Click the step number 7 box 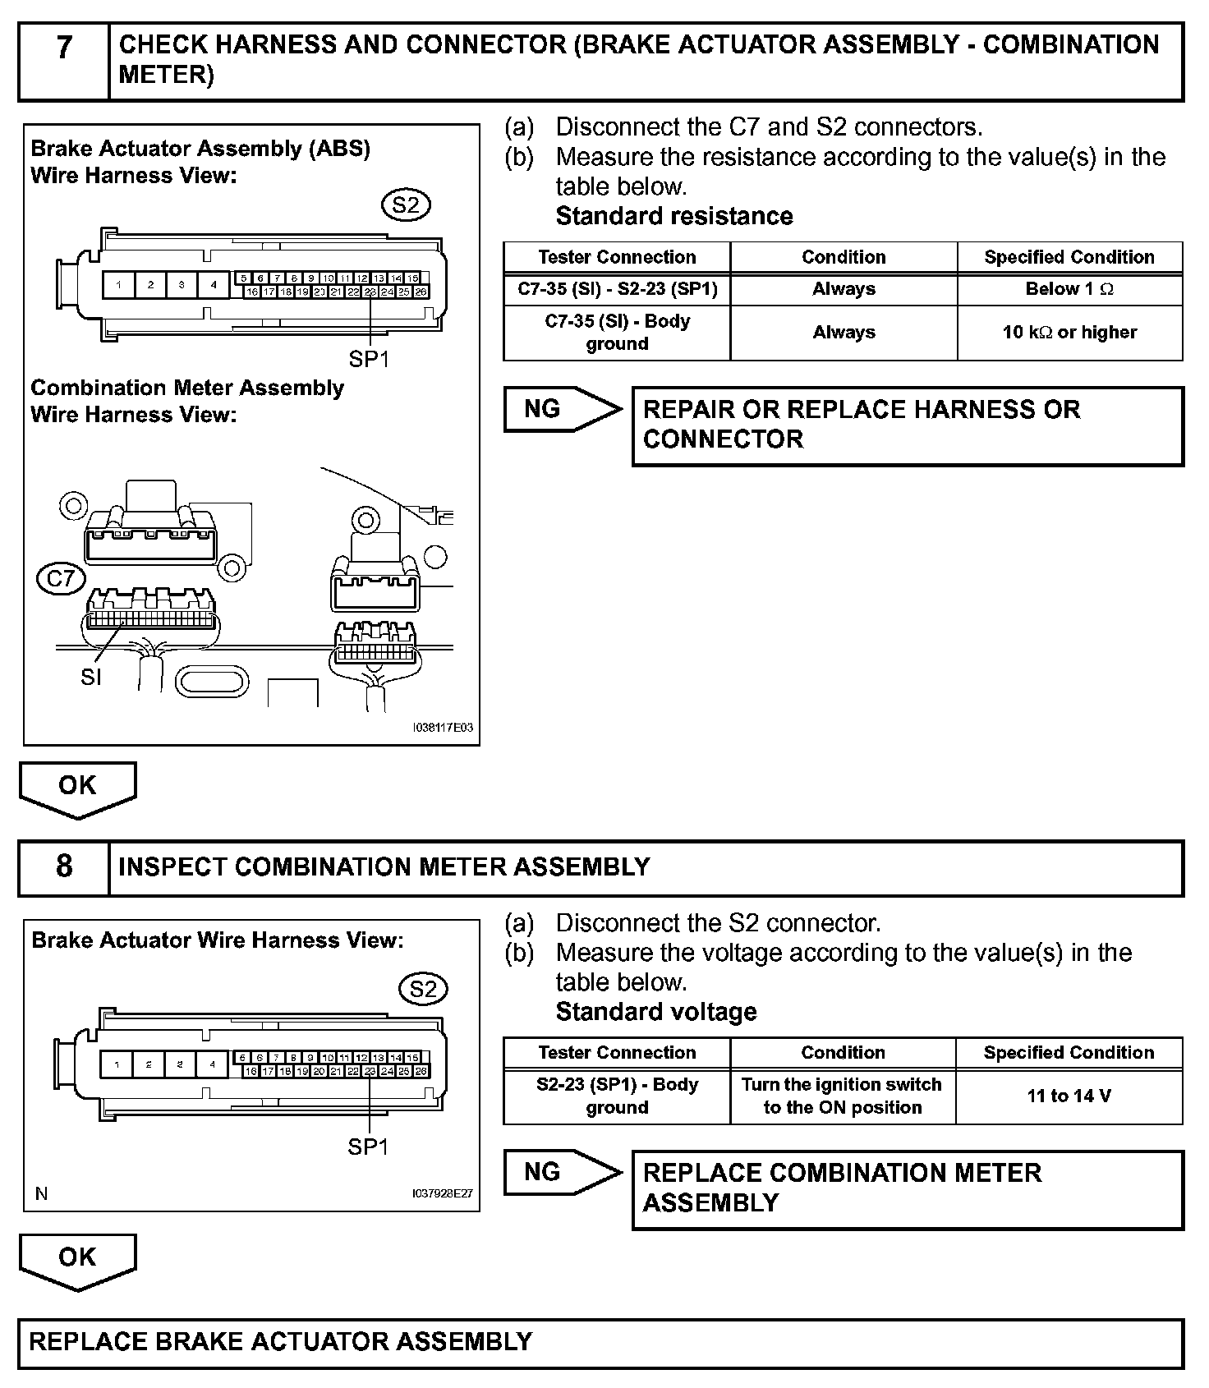tap(64, 61)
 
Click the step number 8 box tap(64, 866)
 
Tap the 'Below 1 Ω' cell tap(1069, 289)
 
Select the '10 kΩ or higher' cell tap(1069, 333)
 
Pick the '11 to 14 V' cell tap(1069, 1096)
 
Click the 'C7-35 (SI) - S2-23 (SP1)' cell tap(617, 289)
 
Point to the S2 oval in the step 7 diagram tap(406, 205)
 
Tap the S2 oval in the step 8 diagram tap(423, 989)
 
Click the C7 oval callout tap(62, 579)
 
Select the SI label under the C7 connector tap(91, 677)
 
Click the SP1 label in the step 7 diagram tap(369, 359)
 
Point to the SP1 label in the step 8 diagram tap(368, 1147)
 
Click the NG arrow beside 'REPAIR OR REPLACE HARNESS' tap(562, 409)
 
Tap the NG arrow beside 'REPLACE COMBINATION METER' tap(562, 1172)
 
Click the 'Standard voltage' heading tap(656, 1012)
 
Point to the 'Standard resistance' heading tap(674, 216)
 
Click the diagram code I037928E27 tap(443, 1194)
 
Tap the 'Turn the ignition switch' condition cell tap(842, 1096)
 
